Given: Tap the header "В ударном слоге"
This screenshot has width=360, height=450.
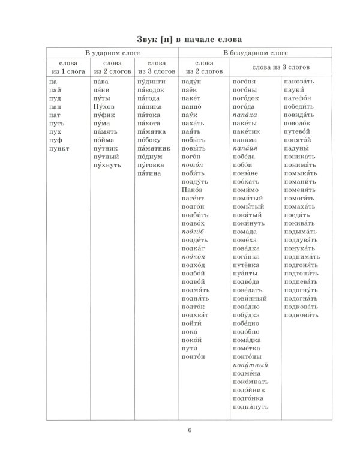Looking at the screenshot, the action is click(x=111, y=53).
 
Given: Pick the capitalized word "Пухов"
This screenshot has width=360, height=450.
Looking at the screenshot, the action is click(x=103, y=106).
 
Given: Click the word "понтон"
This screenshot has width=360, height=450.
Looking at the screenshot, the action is click(x=193, y=356).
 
